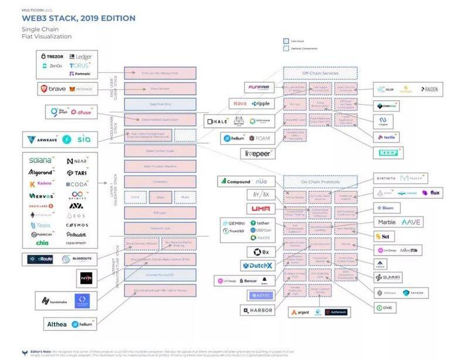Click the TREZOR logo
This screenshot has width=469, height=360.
tap(52, 57)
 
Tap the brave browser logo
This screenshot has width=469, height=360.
tap(53, 89)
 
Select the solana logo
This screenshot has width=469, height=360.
tap(40, 160)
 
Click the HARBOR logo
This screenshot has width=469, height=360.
tap(256, 310)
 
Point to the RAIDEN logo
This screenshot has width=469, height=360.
tap(429, 90)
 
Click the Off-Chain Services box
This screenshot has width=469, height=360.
tap(320, 73)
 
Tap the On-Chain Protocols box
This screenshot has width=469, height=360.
tap(320, 181)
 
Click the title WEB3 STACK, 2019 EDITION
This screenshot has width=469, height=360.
tap(79, 18)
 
